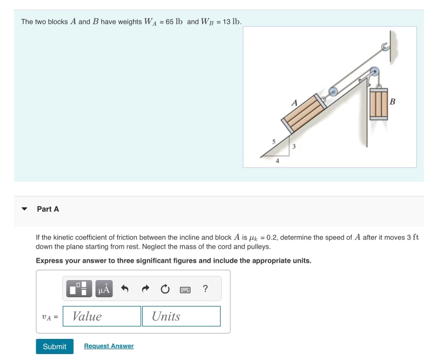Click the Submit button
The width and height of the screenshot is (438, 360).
54,346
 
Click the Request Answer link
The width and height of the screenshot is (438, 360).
109,346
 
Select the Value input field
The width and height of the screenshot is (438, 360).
102,316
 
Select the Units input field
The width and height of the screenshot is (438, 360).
181,316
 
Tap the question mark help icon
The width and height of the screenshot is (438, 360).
205,289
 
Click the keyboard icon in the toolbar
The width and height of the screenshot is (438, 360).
185,290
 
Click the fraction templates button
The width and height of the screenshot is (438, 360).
79,289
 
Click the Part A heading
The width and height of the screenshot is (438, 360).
48,209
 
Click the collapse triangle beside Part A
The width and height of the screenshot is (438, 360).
24,209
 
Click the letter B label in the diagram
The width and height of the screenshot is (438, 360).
393,101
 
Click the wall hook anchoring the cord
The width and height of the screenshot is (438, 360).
386,48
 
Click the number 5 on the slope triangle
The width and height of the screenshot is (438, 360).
274,141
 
